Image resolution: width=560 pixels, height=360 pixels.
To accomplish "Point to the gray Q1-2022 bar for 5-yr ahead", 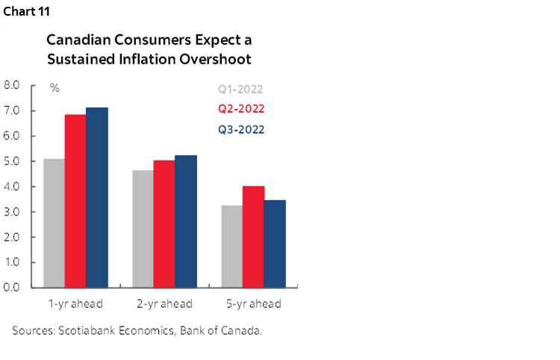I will (231, 246).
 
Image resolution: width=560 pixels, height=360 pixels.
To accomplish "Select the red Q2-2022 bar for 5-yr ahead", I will (253, 236).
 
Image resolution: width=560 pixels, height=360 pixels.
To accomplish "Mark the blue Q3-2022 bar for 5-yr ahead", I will (275, 243).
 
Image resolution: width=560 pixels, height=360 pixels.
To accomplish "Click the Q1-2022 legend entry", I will (241, 90).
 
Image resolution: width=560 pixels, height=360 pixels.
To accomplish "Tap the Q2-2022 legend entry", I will (241, 109).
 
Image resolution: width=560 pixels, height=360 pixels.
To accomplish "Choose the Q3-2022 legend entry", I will (241, 129).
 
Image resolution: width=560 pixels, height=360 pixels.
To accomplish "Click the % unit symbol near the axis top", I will (55, 88).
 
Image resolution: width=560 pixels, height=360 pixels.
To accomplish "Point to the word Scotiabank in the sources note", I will (86, 329).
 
